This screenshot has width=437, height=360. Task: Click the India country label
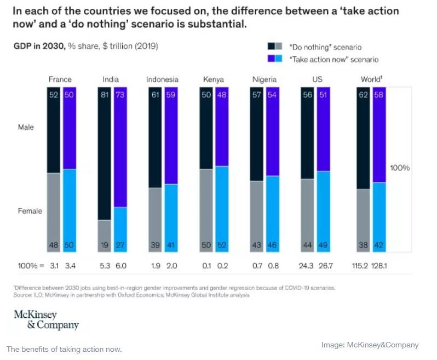click(x=111, y=79)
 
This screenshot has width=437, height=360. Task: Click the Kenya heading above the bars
click(x=213, y=79)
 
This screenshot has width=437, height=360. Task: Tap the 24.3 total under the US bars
click(x=307, y=266)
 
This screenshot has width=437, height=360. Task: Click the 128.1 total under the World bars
click(x=380, y=266)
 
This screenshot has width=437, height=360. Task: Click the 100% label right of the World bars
click(x=400, y=168)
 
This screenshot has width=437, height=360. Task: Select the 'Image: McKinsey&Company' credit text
click(x=370, y=345)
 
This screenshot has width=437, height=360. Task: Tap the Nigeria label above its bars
click(x=264, y=79)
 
